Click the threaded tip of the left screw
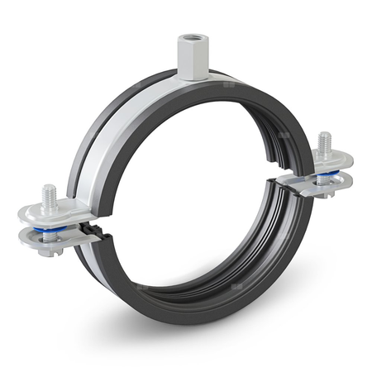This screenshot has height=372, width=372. (x=50, y=193)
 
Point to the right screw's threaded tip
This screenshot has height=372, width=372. (x=324, y=141)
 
